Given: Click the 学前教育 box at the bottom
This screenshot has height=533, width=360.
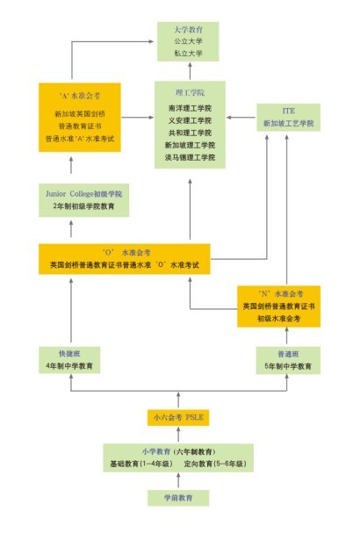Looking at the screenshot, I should pyautogui.click(x=182, y=498).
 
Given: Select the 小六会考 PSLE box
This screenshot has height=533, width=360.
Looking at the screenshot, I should pyautogui.click(x=182, y=416).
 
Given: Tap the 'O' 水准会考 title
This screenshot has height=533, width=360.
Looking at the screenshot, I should pyautogui.click(x=127, y=249).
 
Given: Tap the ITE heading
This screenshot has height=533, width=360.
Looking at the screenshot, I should pyautogui.click(x=289, y=111).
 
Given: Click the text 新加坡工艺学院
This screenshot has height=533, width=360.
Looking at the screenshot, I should pyautogui.click(x=289, y=124).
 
